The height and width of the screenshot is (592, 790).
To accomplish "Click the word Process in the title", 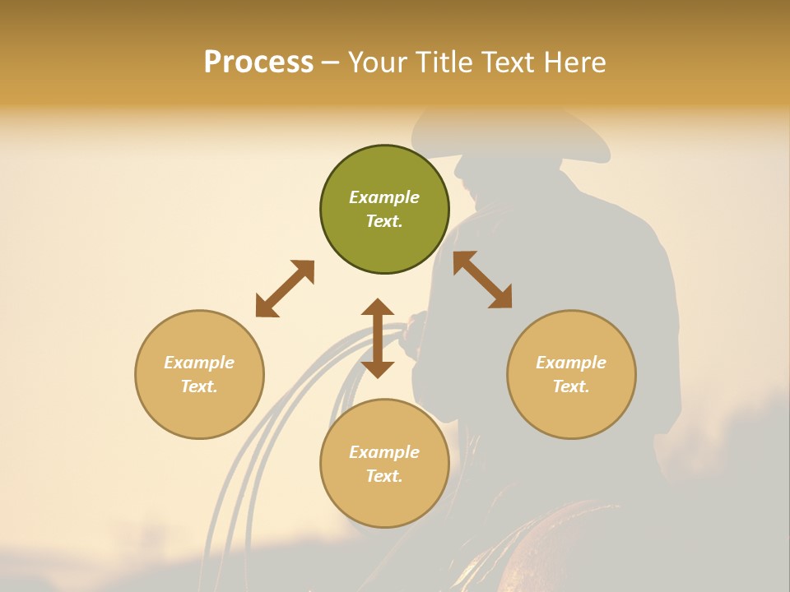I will point(258,62).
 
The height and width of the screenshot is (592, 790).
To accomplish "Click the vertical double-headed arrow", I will point(378,338).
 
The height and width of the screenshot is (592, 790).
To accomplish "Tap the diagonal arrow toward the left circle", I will point(285,289).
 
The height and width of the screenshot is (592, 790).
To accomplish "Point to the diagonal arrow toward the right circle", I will point(483,280).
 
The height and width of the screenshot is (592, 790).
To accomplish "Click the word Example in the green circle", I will point(384,197).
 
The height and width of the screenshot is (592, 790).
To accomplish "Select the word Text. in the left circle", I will point(199,386).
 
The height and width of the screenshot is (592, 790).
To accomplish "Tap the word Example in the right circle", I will point(571,363).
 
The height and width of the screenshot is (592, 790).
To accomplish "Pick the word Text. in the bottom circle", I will point(384,476).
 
